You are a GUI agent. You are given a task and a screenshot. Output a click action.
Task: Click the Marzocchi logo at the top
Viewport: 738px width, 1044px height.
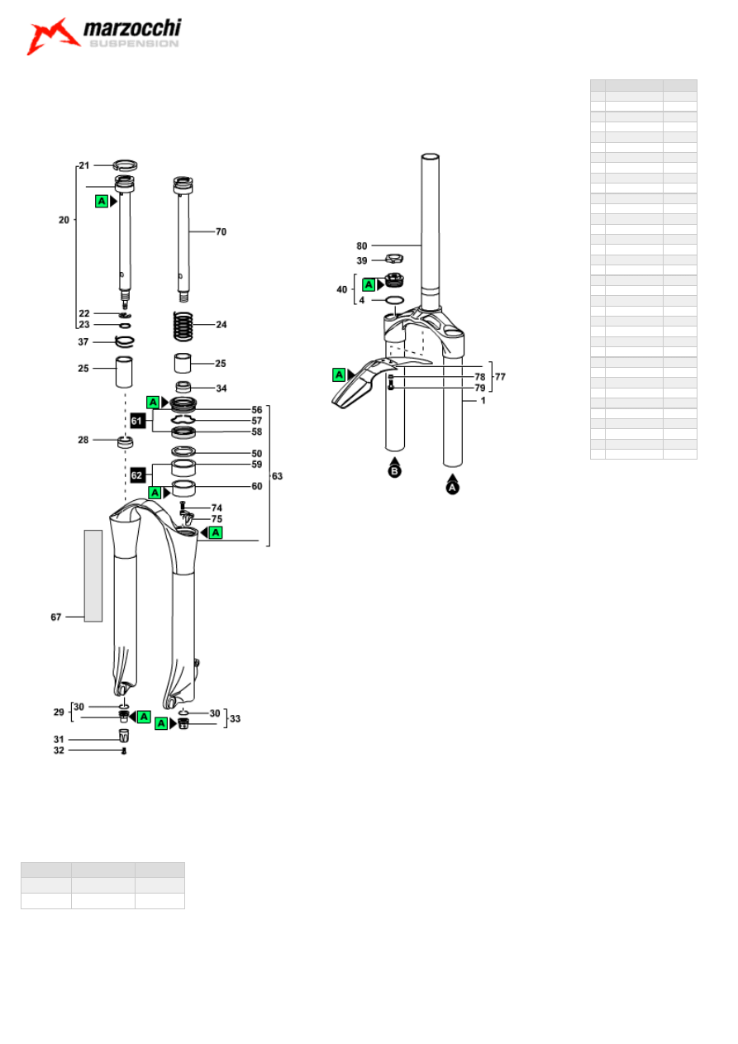[x=104, y=36]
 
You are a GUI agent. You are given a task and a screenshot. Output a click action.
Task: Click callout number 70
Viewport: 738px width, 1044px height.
[x=221, y=232]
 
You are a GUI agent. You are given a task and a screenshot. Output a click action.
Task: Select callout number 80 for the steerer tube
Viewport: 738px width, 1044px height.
[x=362, y=246]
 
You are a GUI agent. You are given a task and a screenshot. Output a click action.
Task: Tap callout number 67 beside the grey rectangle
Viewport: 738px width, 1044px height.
[x=55, y=616]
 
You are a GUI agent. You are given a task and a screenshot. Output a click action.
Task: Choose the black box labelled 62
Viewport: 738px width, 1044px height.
[x=138, y=475]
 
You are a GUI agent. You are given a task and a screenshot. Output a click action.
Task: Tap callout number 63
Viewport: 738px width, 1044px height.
[x=277, y=476]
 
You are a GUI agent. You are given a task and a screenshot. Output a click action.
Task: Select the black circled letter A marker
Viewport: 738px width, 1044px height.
[x=452, y=486]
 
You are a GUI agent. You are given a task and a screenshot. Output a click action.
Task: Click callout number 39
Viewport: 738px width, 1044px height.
[x=362, y=260]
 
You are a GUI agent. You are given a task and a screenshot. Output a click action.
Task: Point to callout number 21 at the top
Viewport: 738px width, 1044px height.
[x=83, y=166]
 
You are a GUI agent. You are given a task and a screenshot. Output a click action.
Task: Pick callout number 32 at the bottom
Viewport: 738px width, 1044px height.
[x=59, y=751]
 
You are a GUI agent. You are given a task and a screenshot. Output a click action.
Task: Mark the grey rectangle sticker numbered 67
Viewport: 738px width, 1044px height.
[x=93, y=575]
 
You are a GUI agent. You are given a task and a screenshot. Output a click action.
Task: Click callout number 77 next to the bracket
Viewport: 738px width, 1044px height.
[x=500, y=376]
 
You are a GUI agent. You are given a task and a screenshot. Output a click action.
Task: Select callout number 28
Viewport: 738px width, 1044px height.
[x=83, y=440]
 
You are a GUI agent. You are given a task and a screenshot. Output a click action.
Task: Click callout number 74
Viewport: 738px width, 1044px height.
[x=217, y=508]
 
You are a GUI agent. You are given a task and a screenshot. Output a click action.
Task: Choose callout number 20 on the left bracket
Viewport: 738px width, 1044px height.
[x=64, y=220]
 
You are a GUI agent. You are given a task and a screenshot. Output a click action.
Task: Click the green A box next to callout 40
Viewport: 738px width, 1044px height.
[x=369, y=284]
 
